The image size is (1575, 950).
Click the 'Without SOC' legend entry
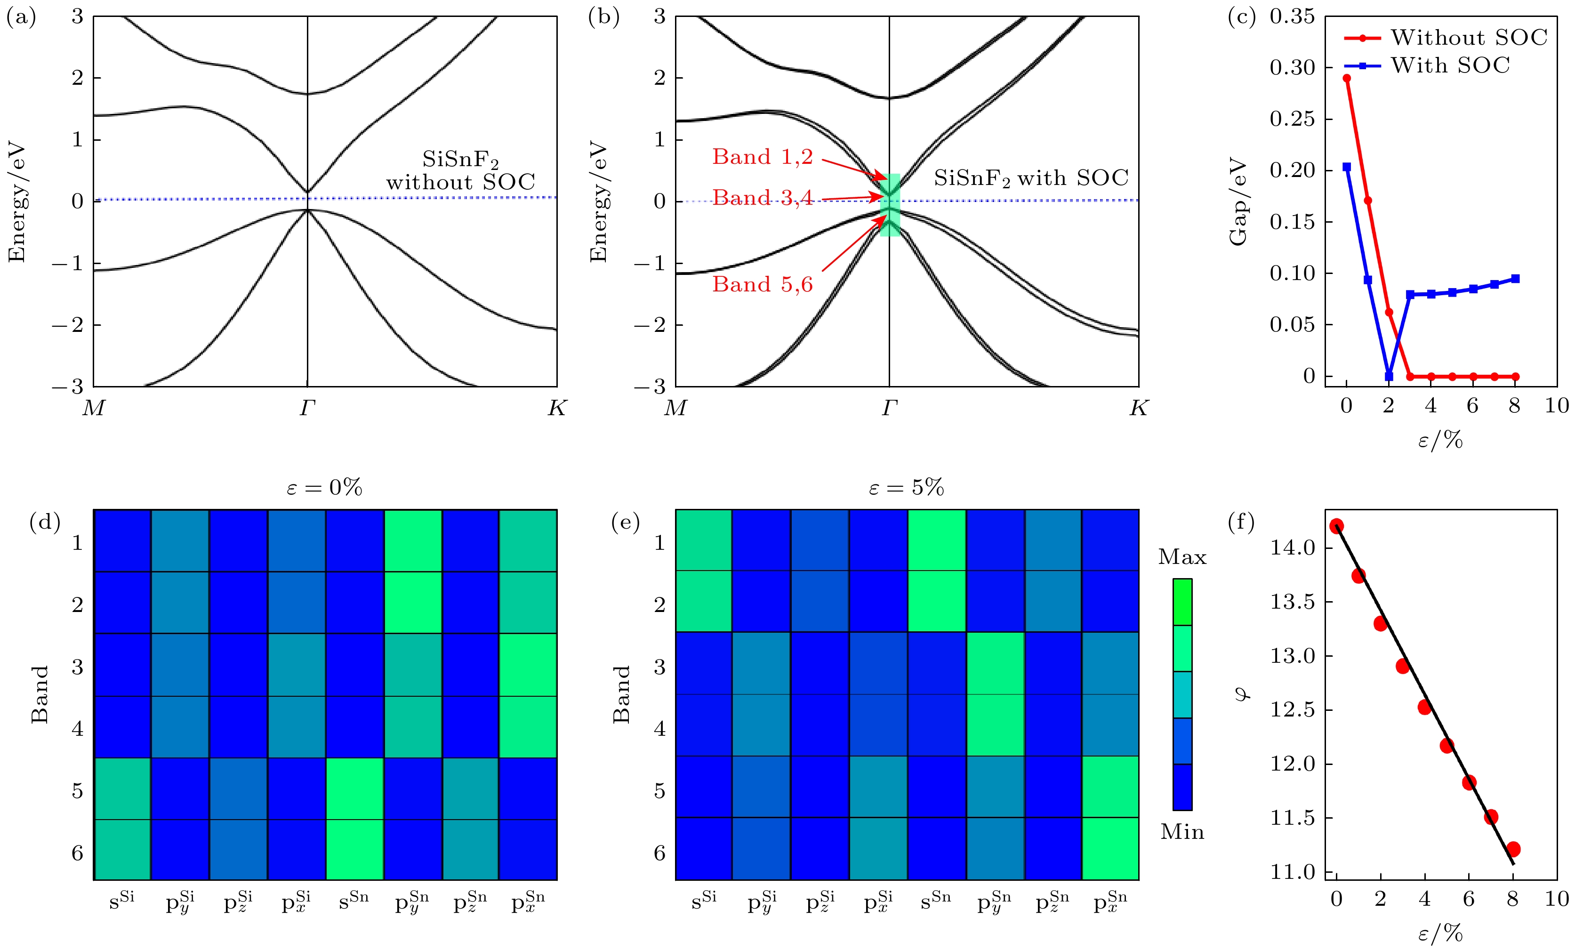click(x=1446, y=38)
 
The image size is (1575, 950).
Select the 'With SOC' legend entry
click(x=1427, y=65)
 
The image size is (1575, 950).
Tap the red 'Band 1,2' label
click(x=763, y=157)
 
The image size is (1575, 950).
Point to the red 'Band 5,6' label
click(x=763, y=284)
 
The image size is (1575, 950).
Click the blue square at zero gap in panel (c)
click(x=1388, y=377)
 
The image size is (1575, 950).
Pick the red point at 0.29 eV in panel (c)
click(x=1347, y=79)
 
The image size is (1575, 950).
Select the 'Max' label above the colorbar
click(x=1182, y=557)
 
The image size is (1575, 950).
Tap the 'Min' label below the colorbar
click(x=1182, y=832)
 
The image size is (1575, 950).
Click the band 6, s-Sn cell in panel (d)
click(x=355, y=850)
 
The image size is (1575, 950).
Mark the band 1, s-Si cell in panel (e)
click(x=704, y=540)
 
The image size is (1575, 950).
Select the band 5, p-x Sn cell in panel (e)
click(x=1110, y=787)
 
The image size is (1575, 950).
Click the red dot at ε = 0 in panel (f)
click(x=1336, y=526)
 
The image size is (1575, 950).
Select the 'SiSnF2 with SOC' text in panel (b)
click(x=1031, y=178)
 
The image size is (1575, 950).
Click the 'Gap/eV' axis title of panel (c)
click(x=1238, y=201)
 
